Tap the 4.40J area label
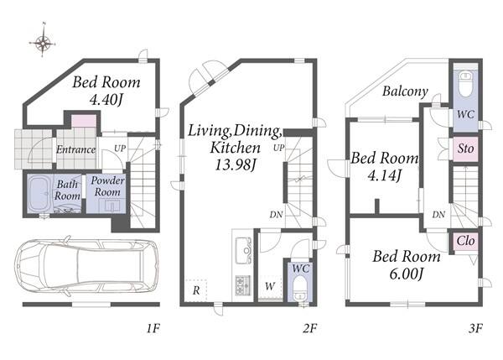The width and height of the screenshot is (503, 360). coord(106,100)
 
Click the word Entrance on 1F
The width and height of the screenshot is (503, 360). coord(76,149)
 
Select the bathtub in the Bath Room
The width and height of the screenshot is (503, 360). coord(39,193)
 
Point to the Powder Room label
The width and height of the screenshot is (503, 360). coord(107,186)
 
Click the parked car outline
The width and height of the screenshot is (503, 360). coord(86,265)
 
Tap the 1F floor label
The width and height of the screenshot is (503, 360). coord(153,328)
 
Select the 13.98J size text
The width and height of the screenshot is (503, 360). coord(235,164)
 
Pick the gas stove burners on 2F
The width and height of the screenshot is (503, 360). coord(243,285)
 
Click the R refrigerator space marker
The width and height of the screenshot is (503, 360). coord(196,290)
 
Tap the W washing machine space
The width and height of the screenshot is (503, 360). coord(270,286)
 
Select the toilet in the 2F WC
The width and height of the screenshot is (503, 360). coord(301,288)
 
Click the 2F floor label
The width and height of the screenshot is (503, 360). coord(309,328)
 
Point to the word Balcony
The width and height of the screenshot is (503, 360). coord(405,91)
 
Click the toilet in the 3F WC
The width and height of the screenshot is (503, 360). coord(466,84)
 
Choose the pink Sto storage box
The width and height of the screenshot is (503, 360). coord(465,149)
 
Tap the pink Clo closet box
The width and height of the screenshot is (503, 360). coord(466,241)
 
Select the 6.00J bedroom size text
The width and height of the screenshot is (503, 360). coord(407,274)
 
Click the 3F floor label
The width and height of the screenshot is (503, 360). coord(475,328)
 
